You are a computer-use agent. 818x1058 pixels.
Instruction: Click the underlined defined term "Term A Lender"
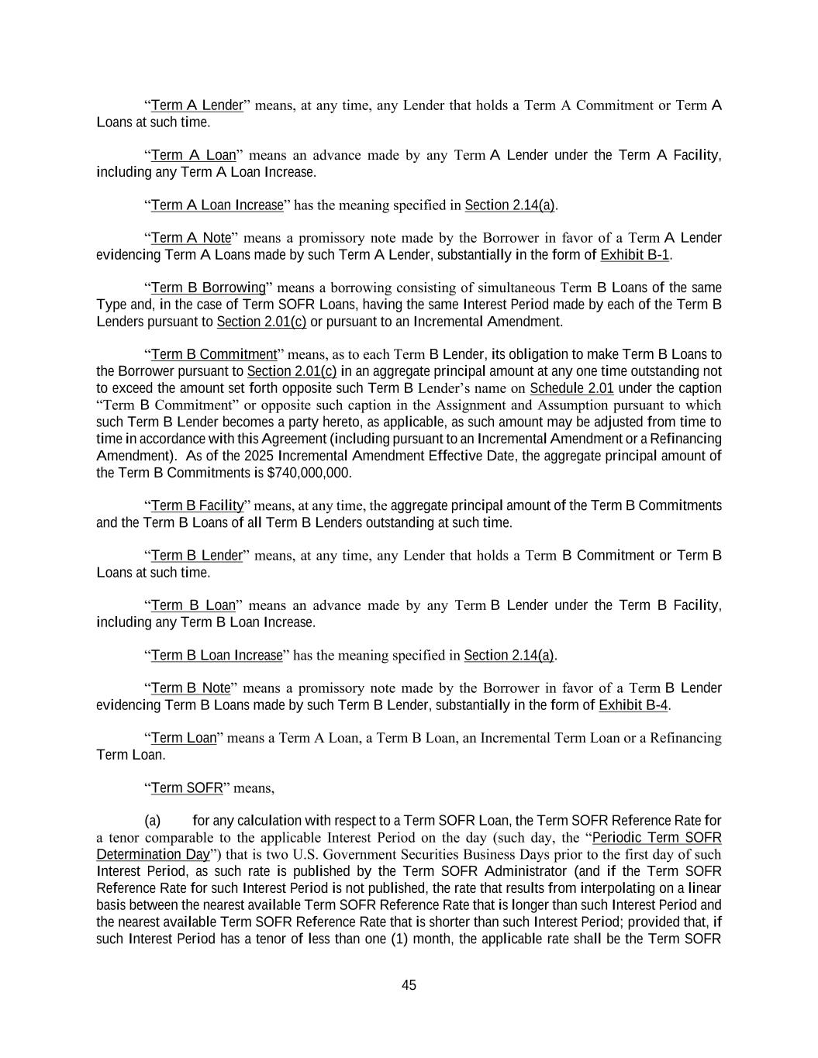(x=197, y=105)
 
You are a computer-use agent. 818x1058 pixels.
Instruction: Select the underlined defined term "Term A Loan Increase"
(x=217, y=205)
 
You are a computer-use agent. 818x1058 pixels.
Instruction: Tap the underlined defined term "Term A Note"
(x=191, y=238)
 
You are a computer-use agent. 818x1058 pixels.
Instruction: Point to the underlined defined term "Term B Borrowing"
(x=208, y=288)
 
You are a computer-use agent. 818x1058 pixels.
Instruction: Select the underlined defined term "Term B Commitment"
(x=213, y=355)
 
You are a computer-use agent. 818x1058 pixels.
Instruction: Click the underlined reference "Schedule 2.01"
(x=571, y=388)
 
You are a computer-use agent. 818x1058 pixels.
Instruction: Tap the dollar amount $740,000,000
(x=309, y=473)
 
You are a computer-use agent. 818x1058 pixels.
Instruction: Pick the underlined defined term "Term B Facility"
(x=197, y=506)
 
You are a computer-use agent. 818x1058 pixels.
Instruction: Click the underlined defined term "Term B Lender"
(x=197, y=556)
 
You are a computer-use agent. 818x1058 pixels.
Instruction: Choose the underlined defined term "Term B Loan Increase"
(x=216, y=656)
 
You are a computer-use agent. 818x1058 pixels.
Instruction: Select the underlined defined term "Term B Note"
(x=191, y=688)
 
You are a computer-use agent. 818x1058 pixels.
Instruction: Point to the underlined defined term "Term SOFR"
(x=187, y=788)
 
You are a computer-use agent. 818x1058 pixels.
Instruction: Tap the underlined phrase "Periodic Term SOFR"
(x=657, y=838)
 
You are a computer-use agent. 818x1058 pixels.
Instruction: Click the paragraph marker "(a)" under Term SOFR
(x=152, y=821)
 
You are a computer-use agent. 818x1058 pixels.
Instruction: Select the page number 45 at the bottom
(x=409, y=985)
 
